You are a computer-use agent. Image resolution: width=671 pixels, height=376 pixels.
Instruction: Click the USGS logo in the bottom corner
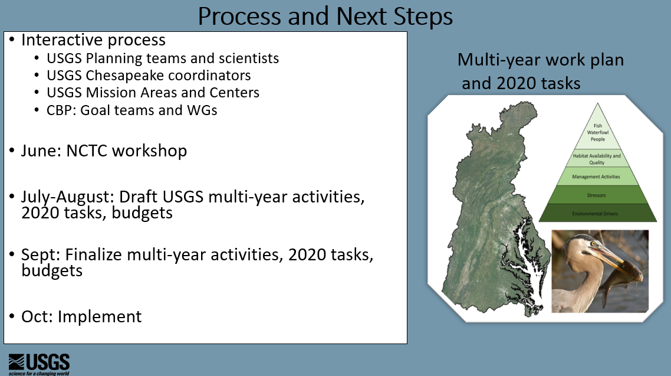[39, 364]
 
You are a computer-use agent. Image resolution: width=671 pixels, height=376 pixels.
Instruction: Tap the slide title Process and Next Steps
[325, 17]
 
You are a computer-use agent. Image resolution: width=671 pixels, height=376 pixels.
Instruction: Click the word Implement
[99, 317]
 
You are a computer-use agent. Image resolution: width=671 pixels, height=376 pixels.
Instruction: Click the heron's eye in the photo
[593, 244]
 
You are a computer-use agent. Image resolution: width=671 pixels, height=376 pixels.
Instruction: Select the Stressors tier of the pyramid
[597, 195]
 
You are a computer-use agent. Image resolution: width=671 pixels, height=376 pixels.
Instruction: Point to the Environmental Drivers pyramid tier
[597, 213]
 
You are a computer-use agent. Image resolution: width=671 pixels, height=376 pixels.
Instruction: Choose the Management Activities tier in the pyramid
[597, 176]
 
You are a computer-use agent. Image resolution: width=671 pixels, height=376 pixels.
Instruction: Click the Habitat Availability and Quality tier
[597, 158]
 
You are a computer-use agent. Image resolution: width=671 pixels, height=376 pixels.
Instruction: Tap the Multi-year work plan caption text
[541, 60]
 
